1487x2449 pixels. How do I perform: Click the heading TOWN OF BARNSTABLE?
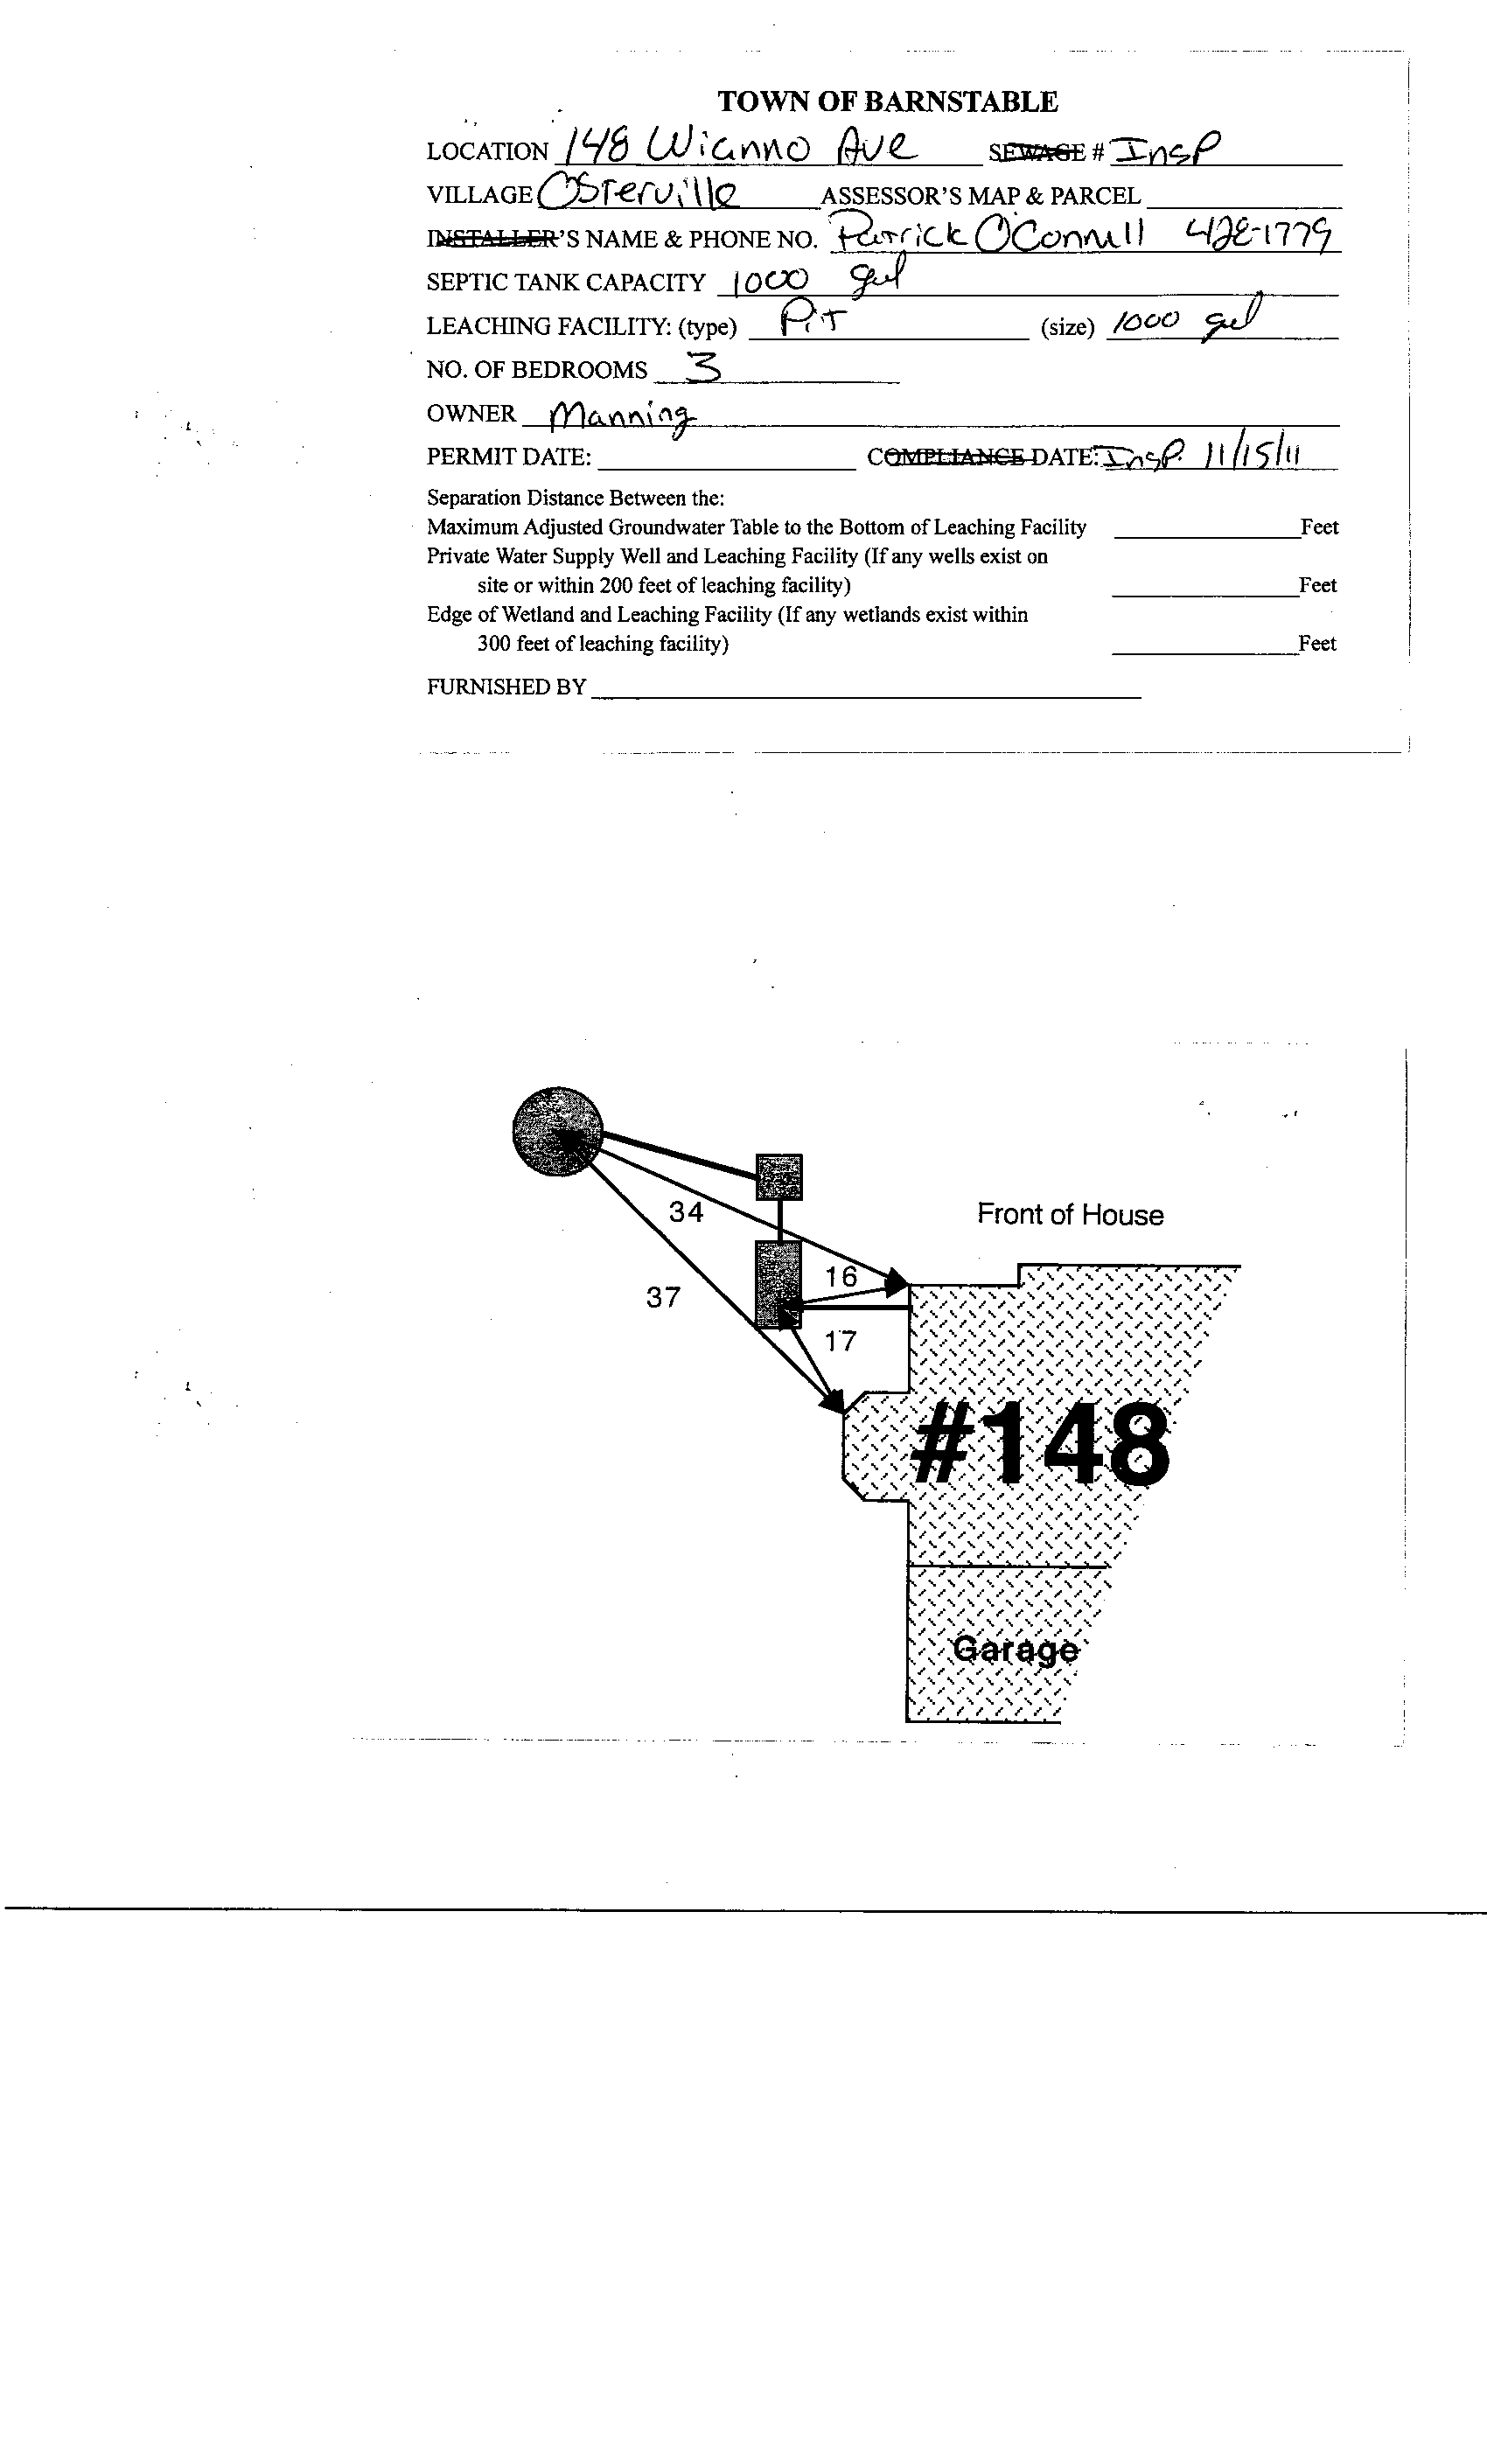point(887,101)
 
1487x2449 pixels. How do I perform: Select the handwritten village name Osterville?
point(639,192)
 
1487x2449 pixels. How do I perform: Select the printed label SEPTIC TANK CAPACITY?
point(566,283)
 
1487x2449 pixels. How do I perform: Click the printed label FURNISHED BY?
point(506,687)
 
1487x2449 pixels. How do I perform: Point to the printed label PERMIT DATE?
point(509,457)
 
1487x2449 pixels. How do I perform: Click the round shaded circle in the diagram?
point(558,1131)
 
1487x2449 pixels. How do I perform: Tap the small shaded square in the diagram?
point(779,1176)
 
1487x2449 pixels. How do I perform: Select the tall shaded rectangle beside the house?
point(778,1284)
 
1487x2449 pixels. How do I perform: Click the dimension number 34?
point(686,1211)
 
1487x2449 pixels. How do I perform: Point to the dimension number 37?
point(663,1297)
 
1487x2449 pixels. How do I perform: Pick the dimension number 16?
point(841,1277)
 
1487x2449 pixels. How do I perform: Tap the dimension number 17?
point(840,1342)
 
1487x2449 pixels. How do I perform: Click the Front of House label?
point(1070,1215)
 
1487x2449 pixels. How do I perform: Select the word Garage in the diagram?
point(1015,1650)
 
